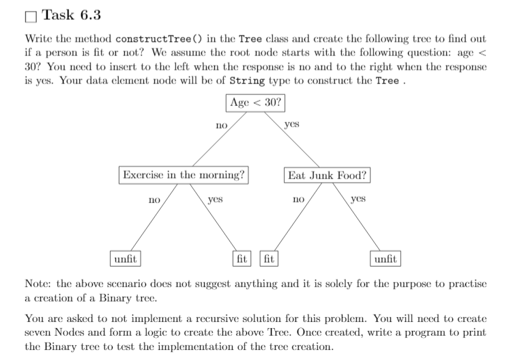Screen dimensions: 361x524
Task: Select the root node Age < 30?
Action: click(x=255, y=103)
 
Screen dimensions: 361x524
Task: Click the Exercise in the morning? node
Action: click(x=183, y=174)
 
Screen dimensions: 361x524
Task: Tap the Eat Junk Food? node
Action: click(x=327, y=175)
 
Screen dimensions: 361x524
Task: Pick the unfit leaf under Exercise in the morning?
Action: click(x=126, y=259)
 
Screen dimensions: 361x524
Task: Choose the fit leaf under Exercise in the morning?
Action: click(x=242, y=259)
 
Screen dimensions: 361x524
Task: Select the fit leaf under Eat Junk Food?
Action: click(x=269, y=259)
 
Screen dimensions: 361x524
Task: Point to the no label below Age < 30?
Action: click(x=220, y=126)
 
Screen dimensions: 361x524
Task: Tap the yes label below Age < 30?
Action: click(x=291, y=125)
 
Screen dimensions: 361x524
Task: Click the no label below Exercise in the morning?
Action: click(x=154, y=200)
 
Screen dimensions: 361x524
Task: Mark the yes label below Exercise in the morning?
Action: click(x=216, y=200)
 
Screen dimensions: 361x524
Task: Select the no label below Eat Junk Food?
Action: click(x=297, y=200)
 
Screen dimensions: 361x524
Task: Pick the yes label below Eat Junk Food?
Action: click(x=358, y=199)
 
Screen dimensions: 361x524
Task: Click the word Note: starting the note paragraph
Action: click(x=38, y=284)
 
